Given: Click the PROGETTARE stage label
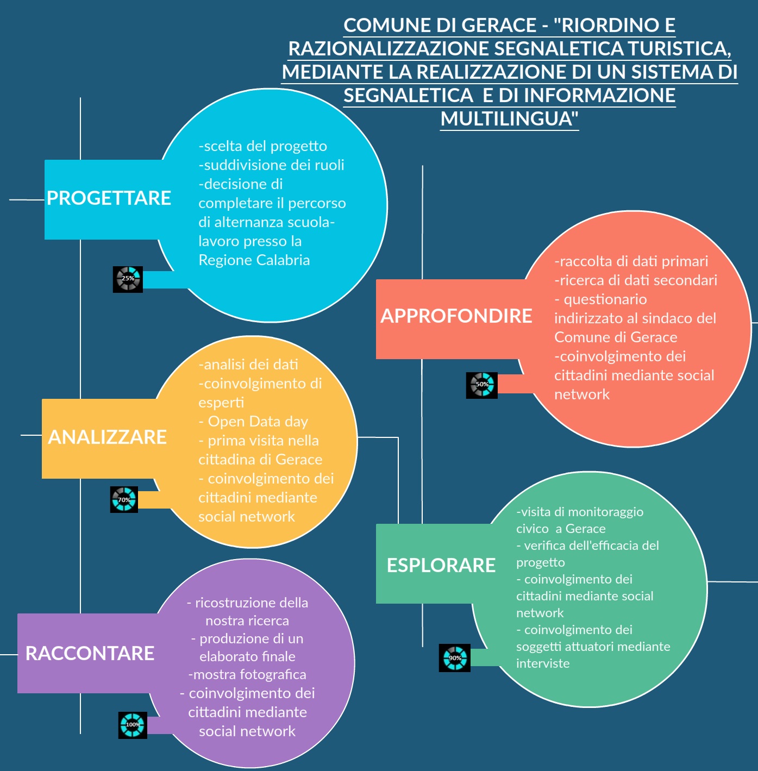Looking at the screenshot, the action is [109, 198].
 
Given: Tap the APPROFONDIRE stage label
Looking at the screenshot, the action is [456, 316].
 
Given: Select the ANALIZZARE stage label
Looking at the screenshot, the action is [107, 437].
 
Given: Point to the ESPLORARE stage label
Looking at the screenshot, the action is [441, 566].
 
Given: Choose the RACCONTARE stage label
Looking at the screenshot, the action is [90, 654].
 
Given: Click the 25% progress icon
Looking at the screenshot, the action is [128, 279].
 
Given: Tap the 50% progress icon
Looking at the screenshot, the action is [482, 385].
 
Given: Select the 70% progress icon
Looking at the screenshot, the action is [124, 499].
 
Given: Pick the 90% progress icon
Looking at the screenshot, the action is [455, 658].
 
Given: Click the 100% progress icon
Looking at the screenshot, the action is [133, 725].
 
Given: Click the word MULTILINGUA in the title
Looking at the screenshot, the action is [510, 119].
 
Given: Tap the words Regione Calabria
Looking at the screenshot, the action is [254, 260].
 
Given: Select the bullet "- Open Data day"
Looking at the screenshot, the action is [253, 422].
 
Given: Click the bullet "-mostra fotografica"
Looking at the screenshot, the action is [247, 675].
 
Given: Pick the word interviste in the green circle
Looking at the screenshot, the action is [543, 663].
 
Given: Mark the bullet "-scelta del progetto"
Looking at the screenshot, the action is [262, 147].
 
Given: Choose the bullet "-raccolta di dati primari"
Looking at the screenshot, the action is [631, 261].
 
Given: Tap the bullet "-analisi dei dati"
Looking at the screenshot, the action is [248, 365].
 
